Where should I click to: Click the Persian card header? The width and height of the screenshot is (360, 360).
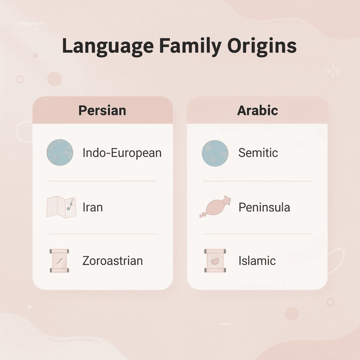(102, 110)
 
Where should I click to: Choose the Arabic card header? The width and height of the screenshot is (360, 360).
(257, 110)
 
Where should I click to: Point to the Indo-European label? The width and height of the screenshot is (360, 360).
(122, 153)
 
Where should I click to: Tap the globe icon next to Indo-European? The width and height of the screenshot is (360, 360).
(60, 153)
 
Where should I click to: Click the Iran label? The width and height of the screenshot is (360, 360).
(92, 207)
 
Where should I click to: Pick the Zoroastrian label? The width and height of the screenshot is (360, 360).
(112, 261)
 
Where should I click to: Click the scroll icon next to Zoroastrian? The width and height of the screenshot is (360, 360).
(59, 261)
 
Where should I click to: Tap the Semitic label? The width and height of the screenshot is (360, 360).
(258, 153)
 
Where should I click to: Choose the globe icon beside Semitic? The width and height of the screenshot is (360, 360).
(215, 153)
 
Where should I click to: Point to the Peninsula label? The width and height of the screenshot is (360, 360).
(264, 207)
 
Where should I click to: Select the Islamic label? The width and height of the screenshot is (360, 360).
(257, 261)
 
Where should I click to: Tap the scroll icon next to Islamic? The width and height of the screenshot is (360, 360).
(214, 261)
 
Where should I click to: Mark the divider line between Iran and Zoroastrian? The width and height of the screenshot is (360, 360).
(103, 234)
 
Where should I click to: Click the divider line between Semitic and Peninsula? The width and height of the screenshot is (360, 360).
(257, 181)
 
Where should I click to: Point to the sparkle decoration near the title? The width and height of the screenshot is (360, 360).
(333, 72)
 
